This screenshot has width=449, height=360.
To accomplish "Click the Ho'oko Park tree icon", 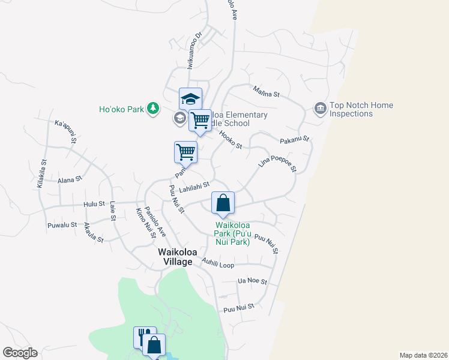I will click(x=154, y=109).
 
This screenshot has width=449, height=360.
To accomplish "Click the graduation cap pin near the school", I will click(x=190, y=98).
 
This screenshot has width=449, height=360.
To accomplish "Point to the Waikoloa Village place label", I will click(x=175, y=257).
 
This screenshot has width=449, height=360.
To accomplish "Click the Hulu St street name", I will click(x=94, y=205).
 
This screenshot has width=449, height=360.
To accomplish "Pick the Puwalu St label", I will click(x=62, y=226).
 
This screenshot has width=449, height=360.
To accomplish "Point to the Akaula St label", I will click(x=94, y=232).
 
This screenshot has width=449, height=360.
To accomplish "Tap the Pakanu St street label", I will click(x=294, y=139).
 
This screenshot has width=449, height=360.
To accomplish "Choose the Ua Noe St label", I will click(x=252, y=281).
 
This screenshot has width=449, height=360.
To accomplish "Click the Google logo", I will click(x=20, y=353).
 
